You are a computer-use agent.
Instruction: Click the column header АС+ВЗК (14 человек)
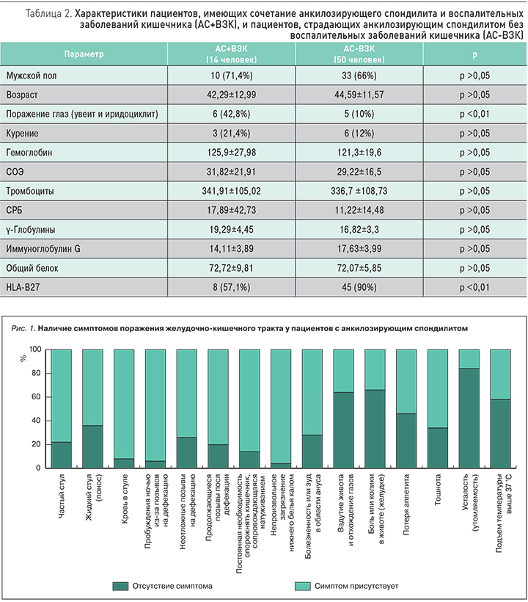(x=232, y=54)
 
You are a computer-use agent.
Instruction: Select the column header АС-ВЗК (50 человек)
(x=361, y=54)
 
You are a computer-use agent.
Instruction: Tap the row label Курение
(x=23, y=134)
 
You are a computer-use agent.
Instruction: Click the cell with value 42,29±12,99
(x=232, y=95)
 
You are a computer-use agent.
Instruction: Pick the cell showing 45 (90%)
(x=361, y=287)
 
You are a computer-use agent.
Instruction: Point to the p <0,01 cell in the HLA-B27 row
(x=474, y=287)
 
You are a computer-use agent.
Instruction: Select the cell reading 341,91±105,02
(x=232, y=191)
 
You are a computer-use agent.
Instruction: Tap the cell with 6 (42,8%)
(x=232, y=115)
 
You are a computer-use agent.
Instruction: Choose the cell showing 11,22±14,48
(x=361, y=211)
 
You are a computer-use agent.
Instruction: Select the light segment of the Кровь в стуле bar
(x=125, y=404)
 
